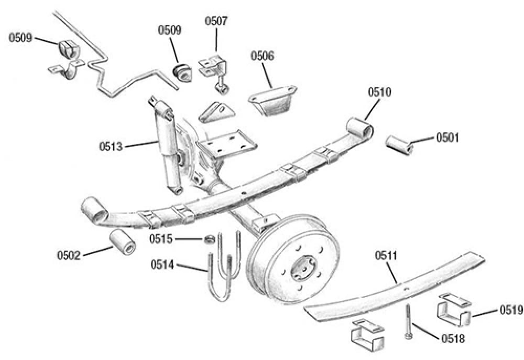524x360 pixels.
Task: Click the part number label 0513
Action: (110, 146)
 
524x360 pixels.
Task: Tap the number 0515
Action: (160, 239)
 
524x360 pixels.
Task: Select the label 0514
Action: (161, 263)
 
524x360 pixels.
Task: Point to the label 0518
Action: (453, 338)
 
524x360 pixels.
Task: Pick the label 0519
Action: (510, 310)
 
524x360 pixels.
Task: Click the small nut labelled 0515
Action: (208, 240)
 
